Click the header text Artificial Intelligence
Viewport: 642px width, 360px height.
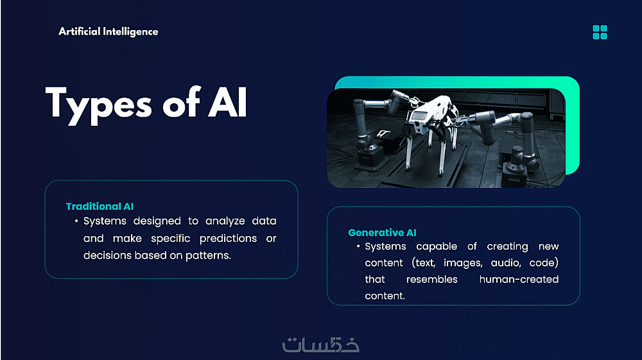pyautogui.click(x=108, y=31)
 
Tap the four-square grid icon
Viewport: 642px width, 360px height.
pyautogui.click(x=600, y=32)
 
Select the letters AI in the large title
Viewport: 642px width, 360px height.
pyautogui.click(x=228, y=102)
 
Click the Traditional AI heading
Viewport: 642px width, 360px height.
pyautogui.click(x=100, y=206)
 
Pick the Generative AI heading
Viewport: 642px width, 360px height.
pyautogui.click(x=382, y=232)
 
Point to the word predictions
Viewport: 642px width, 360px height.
pyautogui.click(x=228, y=239)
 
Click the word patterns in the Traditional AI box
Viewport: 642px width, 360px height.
pyautogui.click(x=208, y=255)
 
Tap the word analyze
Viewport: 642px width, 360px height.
pyautogui.click(x=225, y=221)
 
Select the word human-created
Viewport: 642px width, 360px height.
pyautogui.click(x=519, y=279)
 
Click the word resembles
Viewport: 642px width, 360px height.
pyautogui.click(x=432, y=279)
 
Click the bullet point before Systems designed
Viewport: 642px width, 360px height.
pyautogui.click(x=76, y=221)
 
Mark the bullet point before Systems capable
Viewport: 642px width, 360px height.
pyautogui.click(x=358, y=246)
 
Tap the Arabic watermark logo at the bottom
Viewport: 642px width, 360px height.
pyautogui.click(x=320, y=345)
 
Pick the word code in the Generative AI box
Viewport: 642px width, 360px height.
pyautogui.click(x=544, y=262)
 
